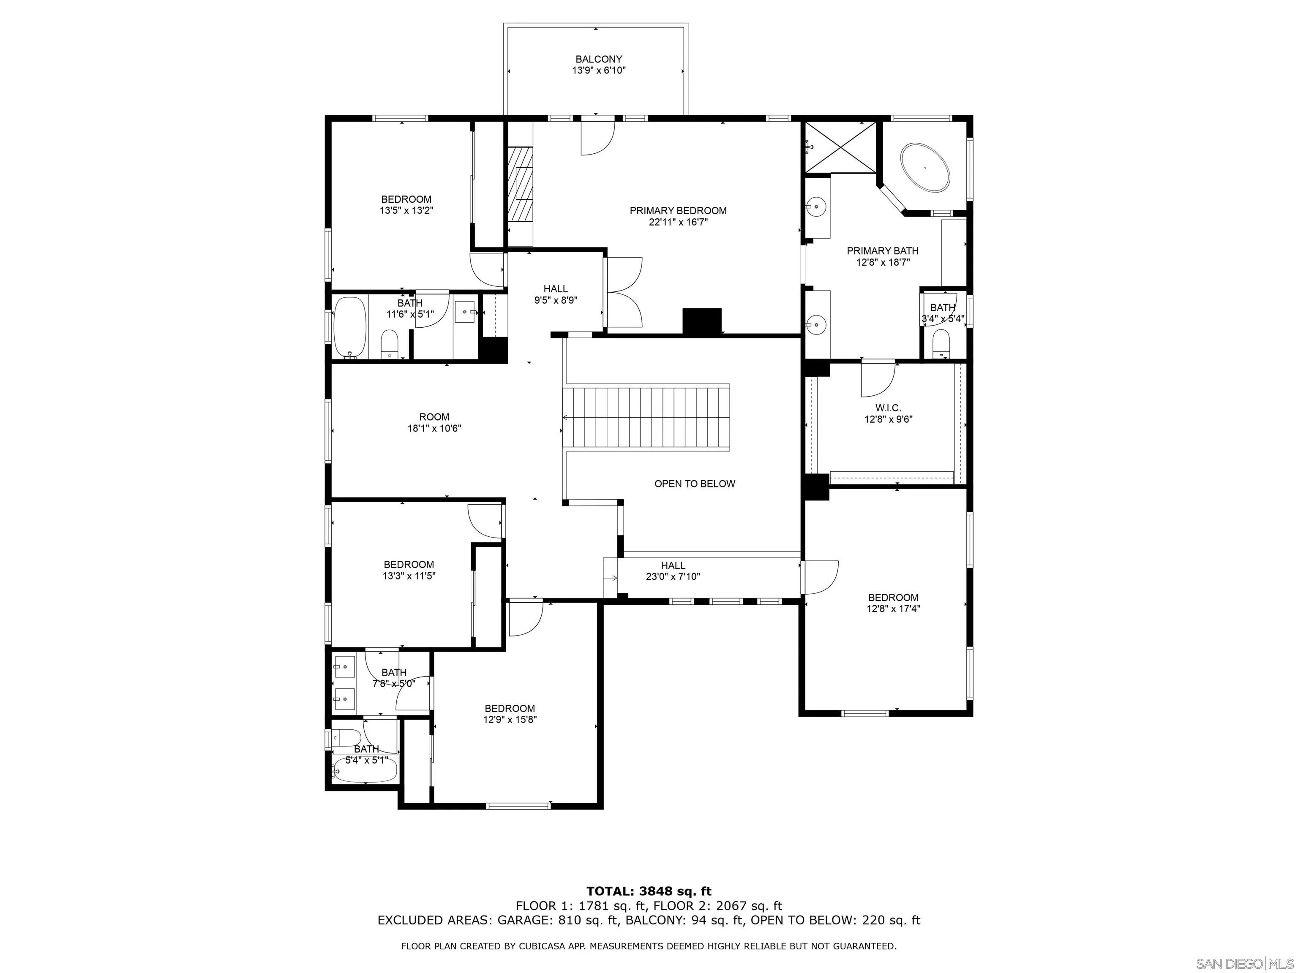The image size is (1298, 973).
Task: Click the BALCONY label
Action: pyautogui.click(x=599, y=59)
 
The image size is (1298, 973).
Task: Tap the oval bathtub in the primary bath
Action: pyautogui.click(x=925, y=167)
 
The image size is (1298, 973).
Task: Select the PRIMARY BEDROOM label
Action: pyautogui.click(x=678, y=211)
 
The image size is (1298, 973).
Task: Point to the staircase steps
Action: pyautogui.click(x=646, y=418)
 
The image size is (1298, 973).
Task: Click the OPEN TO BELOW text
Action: pyautogui.click(x=694, y=484)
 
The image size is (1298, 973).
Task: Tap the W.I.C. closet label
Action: pyautogui.click(x=888, y=408)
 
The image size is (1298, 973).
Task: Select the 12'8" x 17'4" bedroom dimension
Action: pyautogui.click(x=893, y=609)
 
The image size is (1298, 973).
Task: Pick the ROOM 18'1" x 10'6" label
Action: pyautogui.click(x=434, y=422)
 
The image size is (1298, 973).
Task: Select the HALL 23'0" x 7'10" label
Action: pyautogui.click(x=673, y=571)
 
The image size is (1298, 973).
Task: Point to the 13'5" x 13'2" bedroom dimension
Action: pyautogui.click(x=406, y=211)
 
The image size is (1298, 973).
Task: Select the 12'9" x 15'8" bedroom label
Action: pyautogui.click(x=509, y=714)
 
